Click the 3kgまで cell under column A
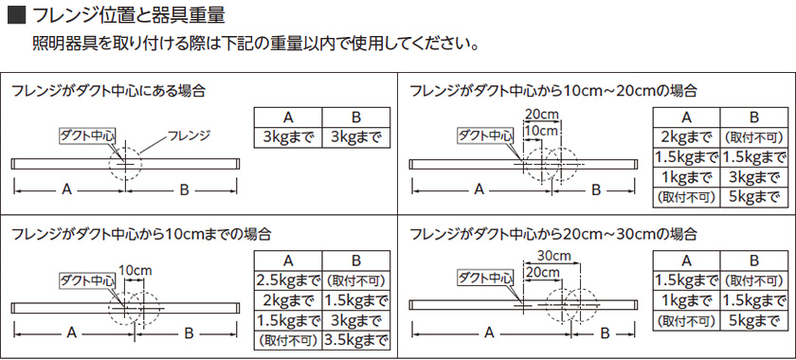(288, 137)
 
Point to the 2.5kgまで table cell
(288, 280)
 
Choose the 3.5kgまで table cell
(356, 338)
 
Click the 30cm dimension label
(552, 256)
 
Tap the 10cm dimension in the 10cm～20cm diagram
(540, 130)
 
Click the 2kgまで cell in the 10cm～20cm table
(687, 136)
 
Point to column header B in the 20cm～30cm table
(754, 260)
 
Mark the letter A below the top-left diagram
(66, 189)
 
